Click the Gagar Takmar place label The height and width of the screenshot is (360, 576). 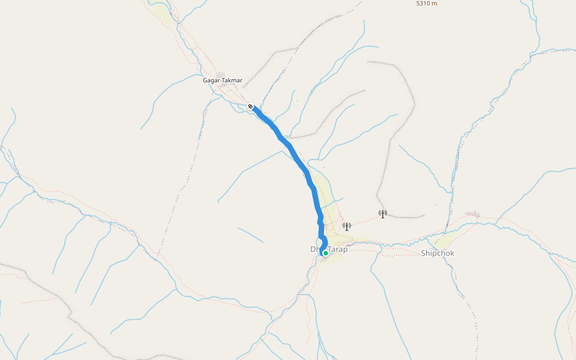[223, 80]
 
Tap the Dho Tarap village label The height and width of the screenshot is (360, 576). [329, 249]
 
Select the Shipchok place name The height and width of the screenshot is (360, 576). [437, 253]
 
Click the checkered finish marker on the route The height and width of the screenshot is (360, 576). [251, 106]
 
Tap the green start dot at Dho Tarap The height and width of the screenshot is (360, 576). [325, 253]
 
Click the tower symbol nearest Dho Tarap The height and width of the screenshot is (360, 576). [346, 226]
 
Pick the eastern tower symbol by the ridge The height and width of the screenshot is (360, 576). [382, 214]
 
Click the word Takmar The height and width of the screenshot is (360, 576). [232, 80]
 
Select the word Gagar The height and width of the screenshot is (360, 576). [211, 80]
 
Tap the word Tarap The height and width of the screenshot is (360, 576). [338, 249]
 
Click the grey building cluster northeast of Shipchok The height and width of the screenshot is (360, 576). [473, 214]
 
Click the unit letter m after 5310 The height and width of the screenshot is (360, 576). [435, 4]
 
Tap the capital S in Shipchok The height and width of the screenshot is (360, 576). [423, 253]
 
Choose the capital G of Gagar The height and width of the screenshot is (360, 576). [205, 80]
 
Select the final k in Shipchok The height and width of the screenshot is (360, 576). [452, 253]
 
